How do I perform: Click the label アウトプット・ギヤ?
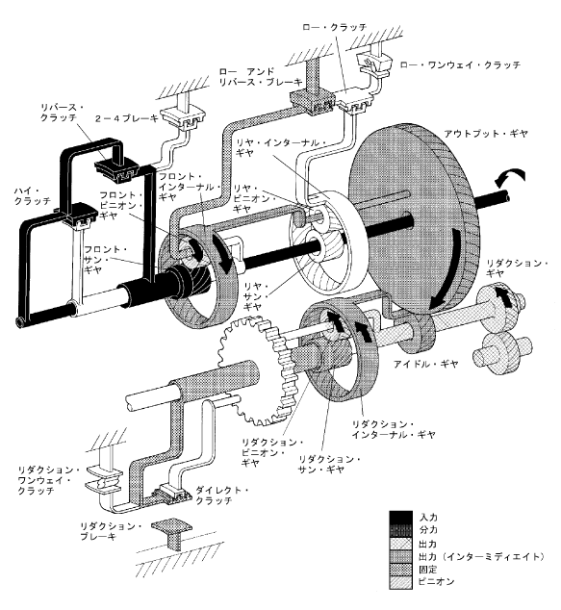tap(486, 134)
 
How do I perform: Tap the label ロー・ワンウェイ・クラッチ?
tap(460, 65)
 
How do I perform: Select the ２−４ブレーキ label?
tap(127, 118)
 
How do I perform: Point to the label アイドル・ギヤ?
tap(425, 364)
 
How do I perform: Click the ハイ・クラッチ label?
tap(33, 195)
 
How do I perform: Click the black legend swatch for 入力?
tap(400, 517)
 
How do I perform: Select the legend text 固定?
tap(428, 570)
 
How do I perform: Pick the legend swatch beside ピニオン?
tap(400, 582)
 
